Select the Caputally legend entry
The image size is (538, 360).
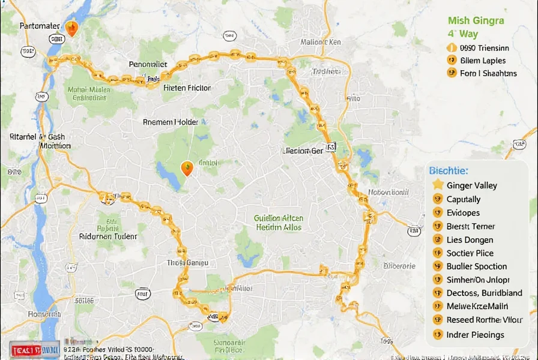tap(464, 199)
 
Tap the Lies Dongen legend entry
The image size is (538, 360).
tap(470, 239)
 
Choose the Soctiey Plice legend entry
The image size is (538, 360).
tap(470, 253)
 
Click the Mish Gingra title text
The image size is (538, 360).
tap(476, 20)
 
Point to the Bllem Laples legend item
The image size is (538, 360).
tap(483, 60)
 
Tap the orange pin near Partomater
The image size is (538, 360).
tap(71, 28)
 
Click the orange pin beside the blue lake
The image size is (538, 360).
tap(187, 168)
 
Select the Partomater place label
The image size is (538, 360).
tap(40, 26)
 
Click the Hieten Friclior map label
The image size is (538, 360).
tap(187, 88)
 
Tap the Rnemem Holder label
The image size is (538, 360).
tap(171, 122)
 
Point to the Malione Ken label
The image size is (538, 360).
tap(320, 43)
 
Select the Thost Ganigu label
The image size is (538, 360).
tap(187, 263)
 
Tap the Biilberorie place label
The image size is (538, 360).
tap(399, 266)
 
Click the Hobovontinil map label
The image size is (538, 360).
tap(388, 193)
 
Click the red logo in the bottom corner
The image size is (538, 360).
tap(34, 350)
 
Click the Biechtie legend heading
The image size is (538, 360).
tap(449, 170)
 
